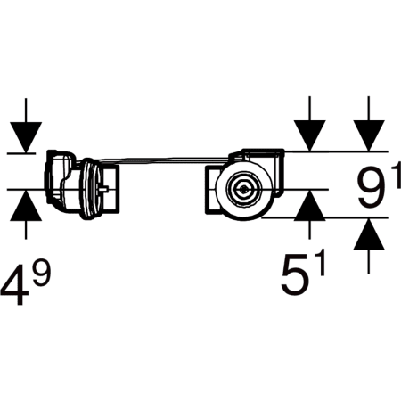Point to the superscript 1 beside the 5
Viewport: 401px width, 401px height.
tap(319, 263)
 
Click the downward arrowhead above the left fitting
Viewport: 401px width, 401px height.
tap(26, 137)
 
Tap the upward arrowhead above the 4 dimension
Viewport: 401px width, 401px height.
tap(26, 206)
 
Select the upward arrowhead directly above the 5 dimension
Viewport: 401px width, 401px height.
tap(309, 206)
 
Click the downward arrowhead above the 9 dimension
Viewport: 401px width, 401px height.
tap(369, 135)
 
